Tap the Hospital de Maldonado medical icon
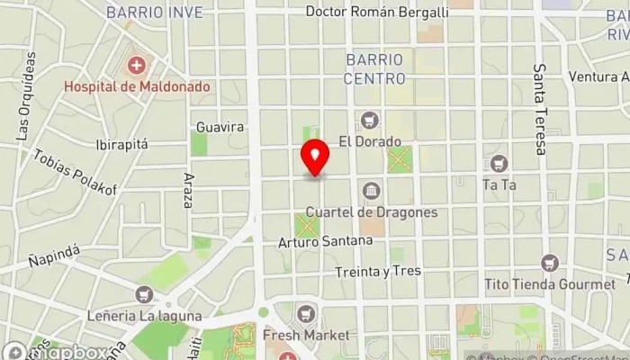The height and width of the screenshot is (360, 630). coord(136,66)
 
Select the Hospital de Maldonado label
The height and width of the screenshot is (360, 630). coord(136,87)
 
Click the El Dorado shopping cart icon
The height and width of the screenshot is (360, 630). coord(369,120)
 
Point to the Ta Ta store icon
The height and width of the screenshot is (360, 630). coord(498,164)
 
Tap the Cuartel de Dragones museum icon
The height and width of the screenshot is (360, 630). coord(371,191)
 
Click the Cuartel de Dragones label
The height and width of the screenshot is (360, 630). coord(372,212)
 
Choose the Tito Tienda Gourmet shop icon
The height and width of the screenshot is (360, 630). coord(550,264)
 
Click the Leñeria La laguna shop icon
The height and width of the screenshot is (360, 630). coord(143,294)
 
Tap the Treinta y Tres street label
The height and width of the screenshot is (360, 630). coord(376,271)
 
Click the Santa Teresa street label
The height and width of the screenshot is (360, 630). coord(540,109)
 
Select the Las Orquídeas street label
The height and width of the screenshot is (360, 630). coord(25,94)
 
